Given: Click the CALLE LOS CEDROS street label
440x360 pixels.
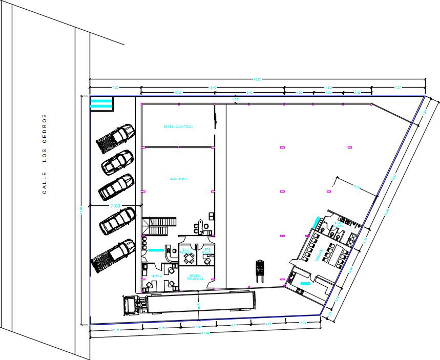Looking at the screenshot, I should pyautogui.click(x=45, y=154).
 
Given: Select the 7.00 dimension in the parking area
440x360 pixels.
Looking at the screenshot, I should pyautogui.click(x=116, y=205).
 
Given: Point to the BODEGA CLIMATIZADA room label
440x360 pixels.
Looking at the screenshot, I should pyautogui.click(x=177, y=126).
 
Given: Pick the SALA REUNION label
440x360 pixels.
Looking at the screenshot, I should pyautogui.click(x=185, y=251).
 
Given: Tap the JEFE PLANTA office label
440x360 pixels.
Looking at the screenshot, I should pyautogui.click(x=206, y=250).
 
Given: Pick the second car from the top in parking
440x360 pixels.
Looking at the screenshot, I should pyautogui.click(x=116, y=162).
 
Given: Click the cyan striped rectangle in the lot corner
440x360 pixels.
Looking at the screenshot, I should pyautogui.click(x=101, y=103).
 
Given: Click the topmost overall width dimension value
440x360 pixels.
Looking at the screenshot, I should pyautogui.click(x=258, y=79).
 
